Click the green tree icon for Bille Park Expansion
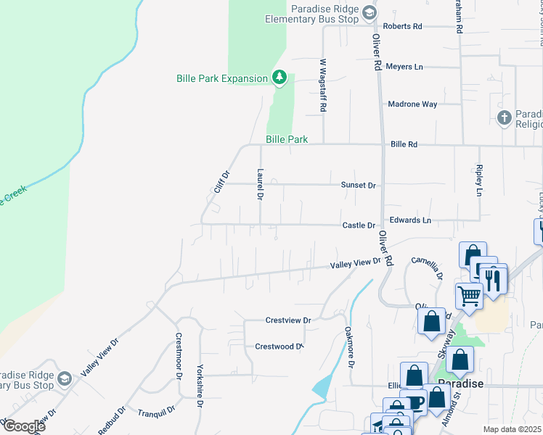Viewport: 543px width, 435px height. [x=279, y=76]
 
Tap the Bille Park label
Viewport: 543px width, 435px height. [x=287, y=139]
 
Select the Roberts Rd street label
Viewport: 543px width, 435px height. [x=402, y=26]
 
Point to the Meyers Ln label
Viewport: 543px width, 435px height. [x=404, y=67]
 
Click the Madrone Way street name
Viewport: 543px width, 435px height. [x=412, y=104]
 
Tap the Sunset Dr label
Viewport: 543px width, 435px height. [x=359, y=185]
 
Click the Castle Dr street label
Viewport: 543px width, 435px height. [x=359, y=225]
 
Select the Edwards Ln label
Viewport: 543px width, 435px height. [x=410, y=220]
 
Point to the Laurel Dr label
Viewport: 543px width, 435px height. [x=259, y=184]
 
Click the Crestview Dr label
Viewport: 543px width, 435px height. [x=288, y=320]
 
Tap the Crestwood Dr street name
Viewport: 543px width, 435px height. [x=279, y=347]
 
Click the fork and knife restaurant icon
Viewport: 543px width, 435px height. [x=492, y=278]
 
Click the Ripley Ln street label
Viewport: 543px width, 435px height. [x=479, y=181]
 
